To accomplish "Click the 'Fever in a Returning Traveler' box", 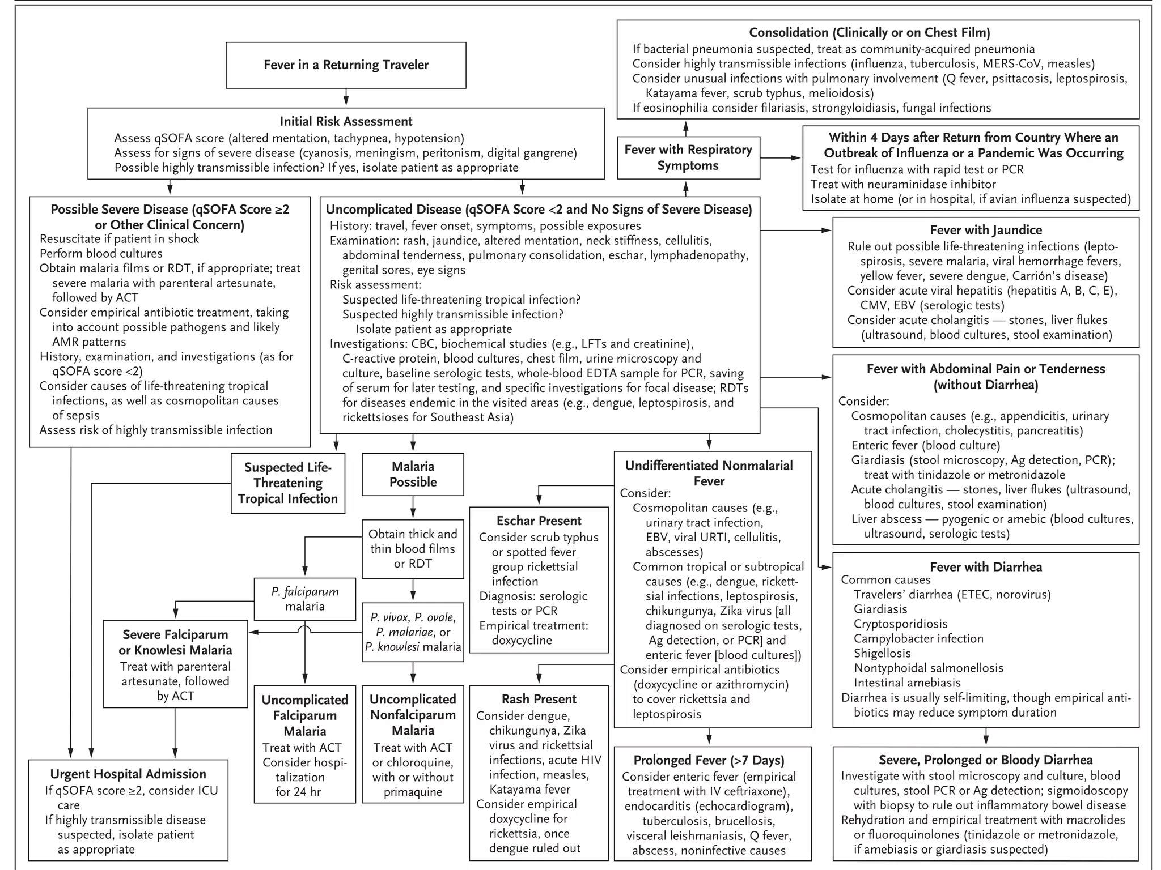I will point(346,65).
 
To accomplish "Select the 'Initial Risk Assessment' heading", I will point(346,121).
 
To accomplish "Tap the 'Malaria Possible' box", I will point(413,475).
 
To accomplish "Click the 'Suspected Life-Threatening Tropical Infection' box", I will point(288,483).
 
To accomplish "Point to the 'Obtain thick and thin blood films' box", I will point(413,548).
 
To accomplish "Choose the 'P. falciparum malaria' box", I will point(305,599).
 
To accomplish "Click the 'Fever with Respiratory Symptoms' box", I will point(688,157).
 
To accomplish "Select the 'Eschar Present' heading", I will point(539,521).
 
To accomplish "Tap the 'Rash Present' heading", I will point(539,699).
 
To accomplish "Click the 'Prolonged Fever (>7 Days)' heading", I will point(709,760).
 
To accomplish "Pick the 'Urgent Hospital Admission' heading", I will point(128,774).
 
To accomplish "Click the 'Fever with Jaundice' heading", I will point(986,230).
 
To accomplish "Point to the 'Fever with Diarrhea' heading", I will point(986,567).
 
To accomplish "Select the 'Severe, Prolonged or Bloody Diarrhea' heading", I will point(986,760).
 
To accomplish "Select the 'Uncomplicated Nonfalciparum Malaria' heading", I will point(413,715).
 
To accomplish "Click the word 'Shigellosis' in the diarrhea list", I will point(882,653).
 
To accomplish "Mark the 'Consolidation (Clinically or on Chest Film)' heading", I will point(878,33).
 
